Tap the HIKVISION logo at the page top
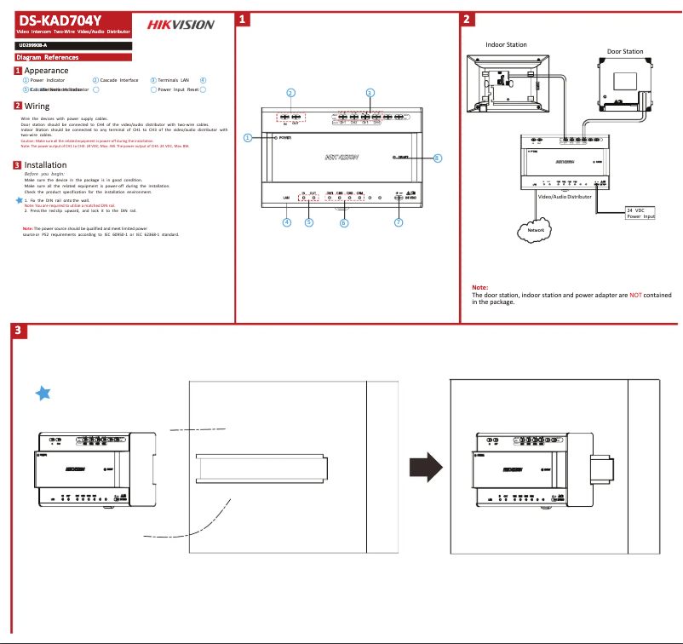click(x=181, y=25)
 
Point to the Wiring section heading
click(x=37, y=106)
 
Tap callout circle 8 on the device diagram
click(x=437, y=158)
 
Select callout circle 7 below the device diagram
click(x=398, y=222)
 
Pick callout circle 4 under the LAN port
click(x=286, y=222)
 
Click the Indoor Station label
click(x=506, y=44)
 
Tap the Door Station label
click(x=624, y=51)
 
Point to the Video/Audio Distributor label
click(x=565, y=195)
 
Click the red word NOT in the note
click(x=635, y=295)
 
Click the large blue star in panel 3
click(x=44, y=392)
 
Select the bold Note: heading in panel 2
click(x=479, y=288)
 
